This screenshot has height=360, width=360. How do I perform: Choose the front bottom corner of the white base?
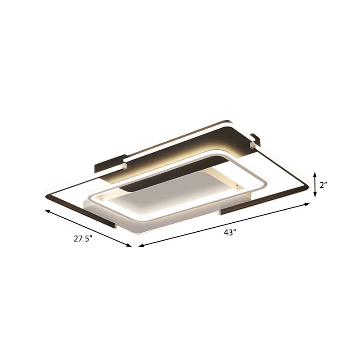[137, 234]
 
